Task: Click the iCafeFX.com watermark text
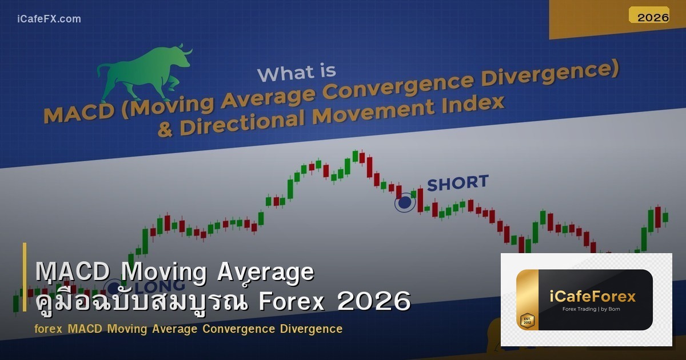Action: click(x=49, y=19)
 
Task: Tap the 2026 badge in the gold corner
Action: click(x=653, y=17)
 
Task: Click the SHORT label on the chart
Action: click(x=457, y=183)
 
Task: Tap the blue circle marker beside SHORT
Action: click(x=405, y=202)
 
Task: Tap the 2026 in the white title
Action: click(x=374, y=301)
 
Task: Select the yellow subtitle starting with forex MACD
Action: click(x=188, y=329)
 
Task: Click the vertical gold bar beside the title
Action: click(x=25, y=277)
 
